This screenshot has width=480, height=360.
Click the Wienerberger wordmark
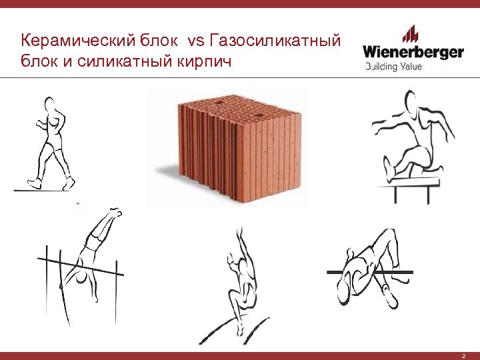(413, 52)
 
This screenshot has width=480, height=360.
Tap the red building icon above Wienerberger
(411, 33)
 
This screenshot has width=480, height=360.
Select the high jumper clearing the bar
(367, 267)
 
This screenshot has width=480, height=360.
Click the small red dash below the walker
(78, 201)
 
